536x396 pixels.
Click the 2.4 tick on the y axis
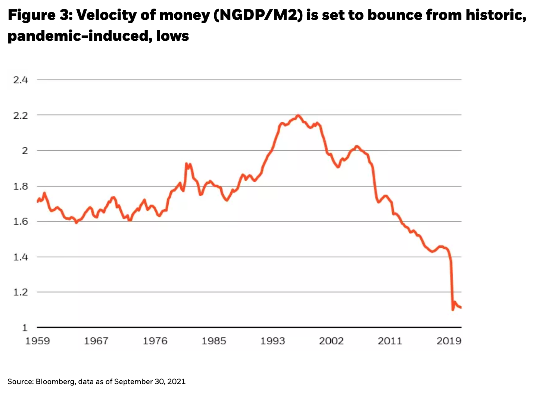tap(21, 80)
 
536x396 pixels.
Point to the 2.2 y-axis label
tap(21, 115)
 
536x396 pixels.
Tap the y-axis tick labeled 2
tap(25, 151)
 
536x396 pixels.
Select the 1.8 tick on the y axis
tap(21, 186)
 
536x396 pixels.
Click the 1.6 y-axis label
tap(21, 222)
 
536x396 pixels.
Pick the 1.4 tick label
tap(21, 257)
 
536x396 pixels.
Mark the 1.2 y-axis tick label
tap(21, 292)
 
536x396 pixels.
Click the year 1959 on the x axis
tap(37, 341)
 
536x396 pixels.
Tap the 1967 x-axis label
tap(96, 341)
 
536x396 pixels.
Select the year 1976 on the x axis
tap(155, 341)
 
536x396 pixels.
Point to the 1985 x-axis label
tap(214, 341)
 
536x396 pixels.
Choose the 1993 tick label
tap(272, 341)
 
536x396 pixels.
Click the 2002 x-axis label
tap(331, 341)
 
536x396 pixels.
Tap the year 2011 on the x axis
tap(390, 341)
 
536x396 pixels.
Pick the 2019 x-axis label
tap(449, 341)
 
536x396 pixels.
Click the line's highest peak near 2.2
tap(298, 115)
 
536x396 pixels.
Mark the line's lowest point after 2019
tap(453, 309)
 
